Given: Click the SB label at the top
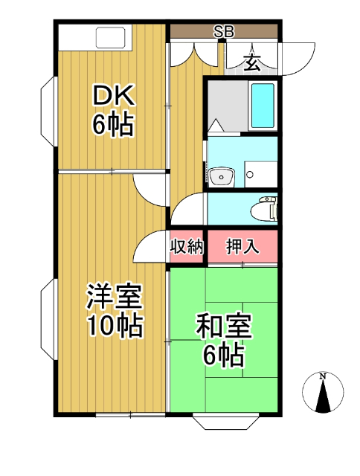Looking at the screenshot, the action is (x=224, y=31).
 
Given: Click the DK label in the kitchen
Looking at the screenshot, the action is (x=114, y=96).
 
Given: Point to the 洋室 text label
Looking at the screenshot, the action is (x=115, y=297).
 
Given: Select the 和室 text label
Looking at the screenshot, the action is (x=224, y=327).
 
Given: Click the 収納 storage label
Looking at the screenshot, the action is (x=187, y=246).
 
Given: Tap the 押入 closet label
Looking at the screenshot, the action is (x=242, y=246).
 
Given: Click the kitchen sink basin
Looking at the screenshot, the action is (x=111, y=38).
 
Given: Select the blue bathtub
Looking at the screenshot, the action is (x=263, y=106).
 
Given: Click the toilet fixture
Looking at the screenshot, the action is (x=264, y=209).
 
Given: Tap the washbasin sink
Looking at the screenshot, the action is (x=222, y=176).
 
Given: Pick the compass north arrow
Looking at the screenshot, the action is (x=323, y=396).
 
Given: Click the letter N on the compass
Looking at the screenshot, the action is (x=323, y=377).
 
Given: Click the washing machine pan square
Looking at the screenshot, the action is (x=261, y=174).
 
